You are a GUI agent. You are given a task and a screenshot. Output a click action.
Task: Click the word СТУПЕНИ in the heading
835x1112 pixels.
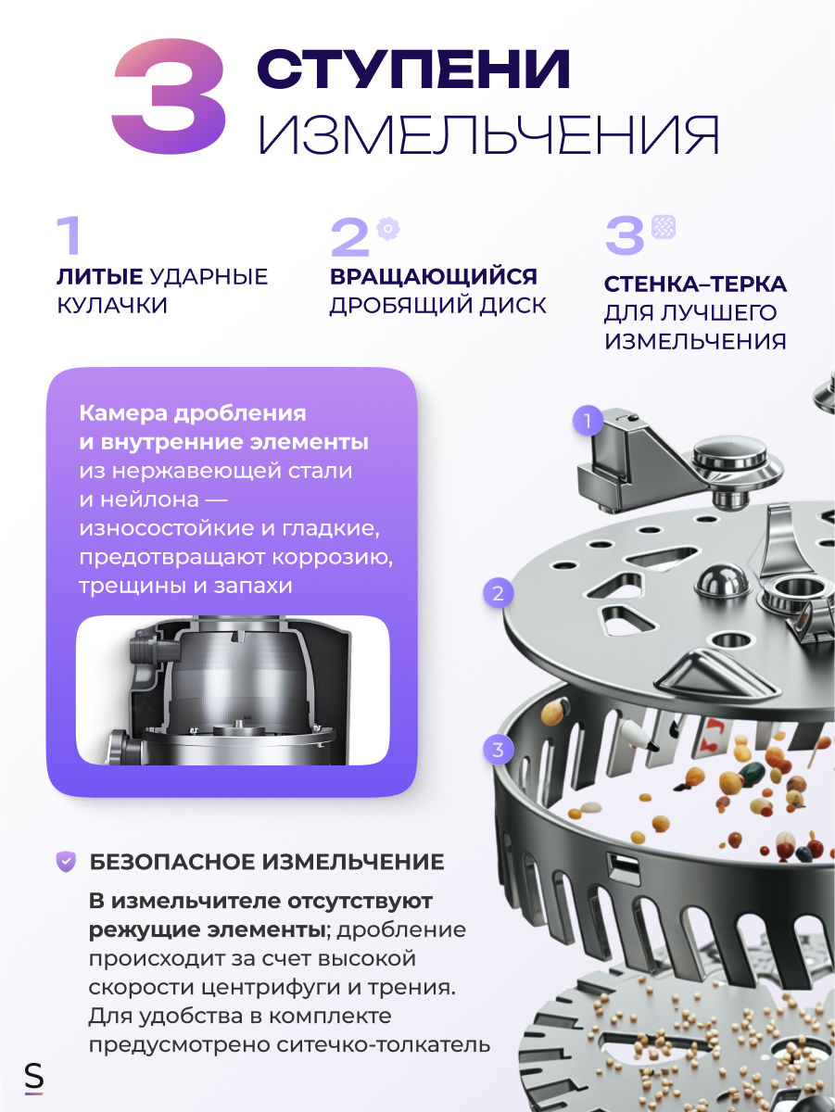pos(413,69)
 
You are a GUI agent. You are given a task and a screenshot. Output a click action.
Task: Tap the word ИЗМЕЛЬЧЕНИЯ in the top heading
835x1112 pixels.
pos(488,135)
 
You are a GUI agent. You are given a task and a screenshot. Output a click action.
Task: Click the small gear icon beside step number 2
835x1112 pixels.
pos(387,228)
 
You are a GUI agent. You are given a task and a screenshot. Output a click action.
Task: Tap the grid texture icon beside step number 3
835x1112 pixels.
pos(664,226)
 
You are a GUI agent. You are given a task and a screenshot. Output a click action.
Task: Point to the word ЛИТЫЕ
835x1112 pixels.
pos(99,276)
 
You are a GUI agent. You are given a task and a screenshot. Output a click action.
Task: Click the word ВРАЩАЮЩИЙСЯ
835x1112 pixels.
pos(434,276)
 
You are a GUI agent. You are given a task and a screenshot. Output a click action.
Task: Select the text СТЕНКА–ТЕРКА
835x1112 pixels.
pos(695,284)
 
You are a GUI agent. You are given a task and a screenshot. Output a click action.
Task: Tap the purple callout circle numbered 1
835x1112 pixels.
pos(586,422)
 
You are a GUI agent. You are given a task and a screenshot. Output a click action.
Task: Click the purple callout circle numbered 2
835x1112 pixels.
pos(499,593)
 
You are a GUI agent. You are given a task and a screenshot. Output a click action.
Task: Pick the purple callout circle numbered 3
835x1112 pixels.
pos(499,750)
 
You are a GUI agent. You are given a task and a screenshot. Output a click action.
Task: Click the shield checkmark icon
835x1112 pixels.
pos(66,862)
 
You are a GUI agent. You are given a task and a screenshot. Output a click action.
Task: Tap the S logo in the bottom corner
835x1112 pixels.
pos(34,1078)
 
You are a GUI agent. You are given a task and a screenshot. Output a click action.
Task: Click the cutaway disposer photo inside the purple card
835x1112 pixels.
pos(232,690)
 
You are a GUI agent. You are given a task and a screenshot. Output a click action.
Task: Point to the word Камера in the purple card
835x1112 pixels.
pos(120,413)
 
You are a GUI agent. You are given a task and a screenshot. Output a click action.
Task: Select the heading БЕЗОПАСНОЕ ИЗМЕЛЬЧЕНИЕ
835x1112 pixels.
pos(267,862)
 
